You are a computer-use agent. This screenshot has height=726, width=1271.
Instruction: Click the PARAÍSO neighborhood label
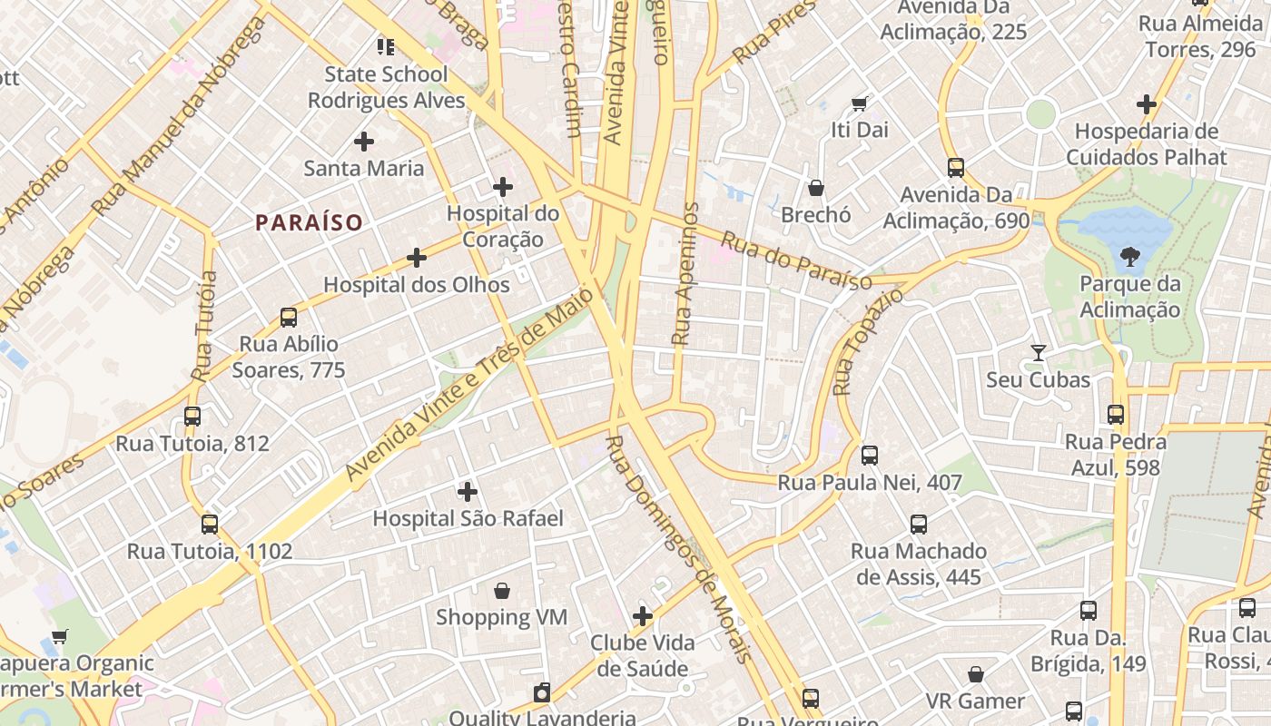pos(309,222)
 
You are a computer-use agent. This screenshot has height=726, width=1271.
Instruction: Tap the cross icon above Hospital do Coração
pos(503,187)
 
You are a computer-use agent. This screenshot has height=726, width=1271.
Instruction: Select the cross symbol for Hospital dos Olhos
pos(417,259)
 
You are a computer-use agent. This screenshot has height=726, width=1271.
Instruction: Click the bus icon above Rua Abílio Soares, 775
pos(289,318)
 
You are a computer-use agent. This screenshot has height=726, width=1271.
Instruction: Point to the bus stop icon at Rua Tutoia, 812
pos(192,417)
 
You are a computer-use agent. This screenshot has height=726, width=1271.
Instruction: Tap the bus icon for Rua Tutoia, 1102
pos(210,525)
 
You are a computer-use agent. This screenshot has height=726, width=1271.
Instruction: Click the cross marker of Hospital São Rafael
pos(468,492)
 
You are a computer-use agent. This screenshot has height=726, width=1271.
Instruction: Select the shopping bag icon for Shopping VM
pos(502,591)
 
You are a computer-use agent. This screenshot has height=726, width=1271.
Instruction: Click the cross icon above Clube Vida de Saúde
pos(643,616)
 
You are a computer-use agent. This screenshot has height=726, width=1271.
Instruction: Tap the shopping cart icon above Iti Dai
pos(859,103)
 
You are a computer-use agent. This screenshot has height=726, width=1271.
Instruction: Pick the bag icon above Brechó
pos(816,188)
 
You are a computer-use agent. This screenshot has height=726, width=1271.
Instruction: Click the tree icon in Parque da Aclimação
pos(1130,258)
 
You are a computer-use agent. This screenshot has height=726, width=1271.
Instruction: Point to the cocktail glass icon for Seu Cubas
pos(1039,353)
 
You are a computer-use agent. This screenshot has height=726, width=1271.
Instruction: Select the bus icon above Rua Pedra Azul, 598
pos(1116,415)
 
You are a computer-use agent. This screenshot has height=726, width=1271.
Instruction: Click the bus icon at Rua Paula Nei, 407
pos(870,456)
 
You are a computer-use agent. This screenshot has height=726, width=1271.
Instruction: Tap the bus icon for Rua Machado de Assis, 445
pos(919,525)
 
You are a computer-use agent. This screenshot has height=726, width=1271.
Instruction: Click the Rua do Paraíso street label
pos(796,261)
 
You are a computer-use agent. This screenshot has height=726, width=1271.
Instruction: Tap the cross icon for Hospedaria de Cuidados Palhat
pos(1147,104)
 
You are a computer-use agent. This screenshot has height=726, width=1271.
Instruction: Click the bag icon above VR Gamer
pos(976,674)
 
